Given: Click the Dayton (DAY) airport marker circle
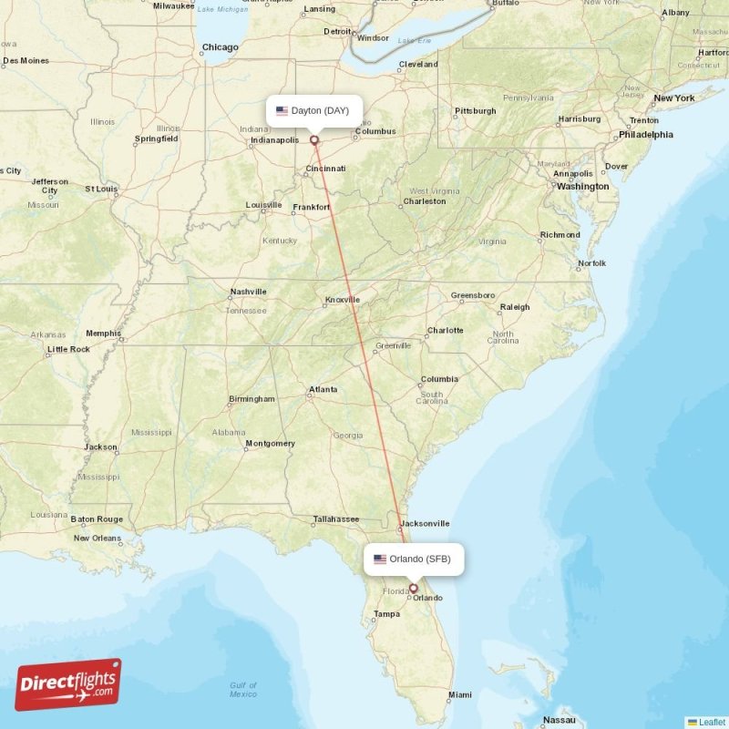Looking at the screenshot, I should [x=314, y=140].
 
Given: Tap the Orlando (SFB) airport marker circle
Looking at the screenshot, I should [x=413, y=589].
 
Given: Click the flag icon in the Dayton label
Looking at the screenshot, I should [x=282, y=111].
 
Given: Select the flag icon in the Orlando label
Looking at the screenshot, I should [x=380, y=560].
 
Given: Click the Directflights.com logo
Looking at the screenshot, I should [x=68, y=684].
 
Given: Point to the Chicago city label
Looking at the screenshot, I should [x=220, y=47].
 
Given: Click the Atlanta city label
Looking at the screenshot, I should [x=323, y=389].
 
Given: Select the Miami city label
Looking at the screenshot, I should [x=460, y=695].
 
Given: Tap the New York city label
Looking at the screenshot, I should [x=673, y=98].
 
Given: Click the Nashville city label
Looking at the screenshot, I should [x=248, y=292].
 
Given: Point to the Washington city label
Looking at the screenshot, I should [x=582, y=186].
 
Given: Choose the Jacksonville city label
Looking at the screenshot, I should [x=424, y=523].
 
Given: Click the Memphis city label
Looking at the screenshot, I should [x=103, y=334].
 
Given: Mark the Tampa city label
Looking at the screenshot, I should [x=386, y=614].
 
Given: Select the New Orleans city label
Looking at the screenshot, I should [x=97, y=538].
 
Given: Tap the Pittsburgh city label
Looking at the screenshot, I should [x=475, y=111].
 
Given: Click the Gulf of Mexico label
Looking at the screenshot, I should [x=242, y=690].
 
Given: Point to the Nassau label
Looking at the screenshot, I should [x=559, y=719].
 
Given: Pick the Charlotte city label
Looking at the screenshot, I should [x=445, y=330].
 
